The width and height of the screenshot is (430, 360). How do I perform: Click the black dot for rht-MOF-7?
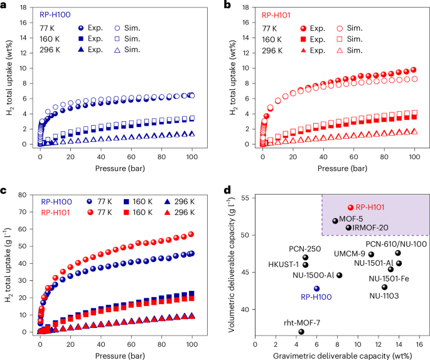301,332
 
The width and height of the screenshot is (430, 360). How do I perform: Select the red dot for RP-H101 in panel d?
351,207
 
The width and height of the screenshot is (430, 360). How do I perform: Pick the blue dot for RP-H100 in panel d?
317,288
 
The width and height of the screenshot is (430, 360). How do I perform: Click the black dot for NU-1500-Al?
340,275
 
